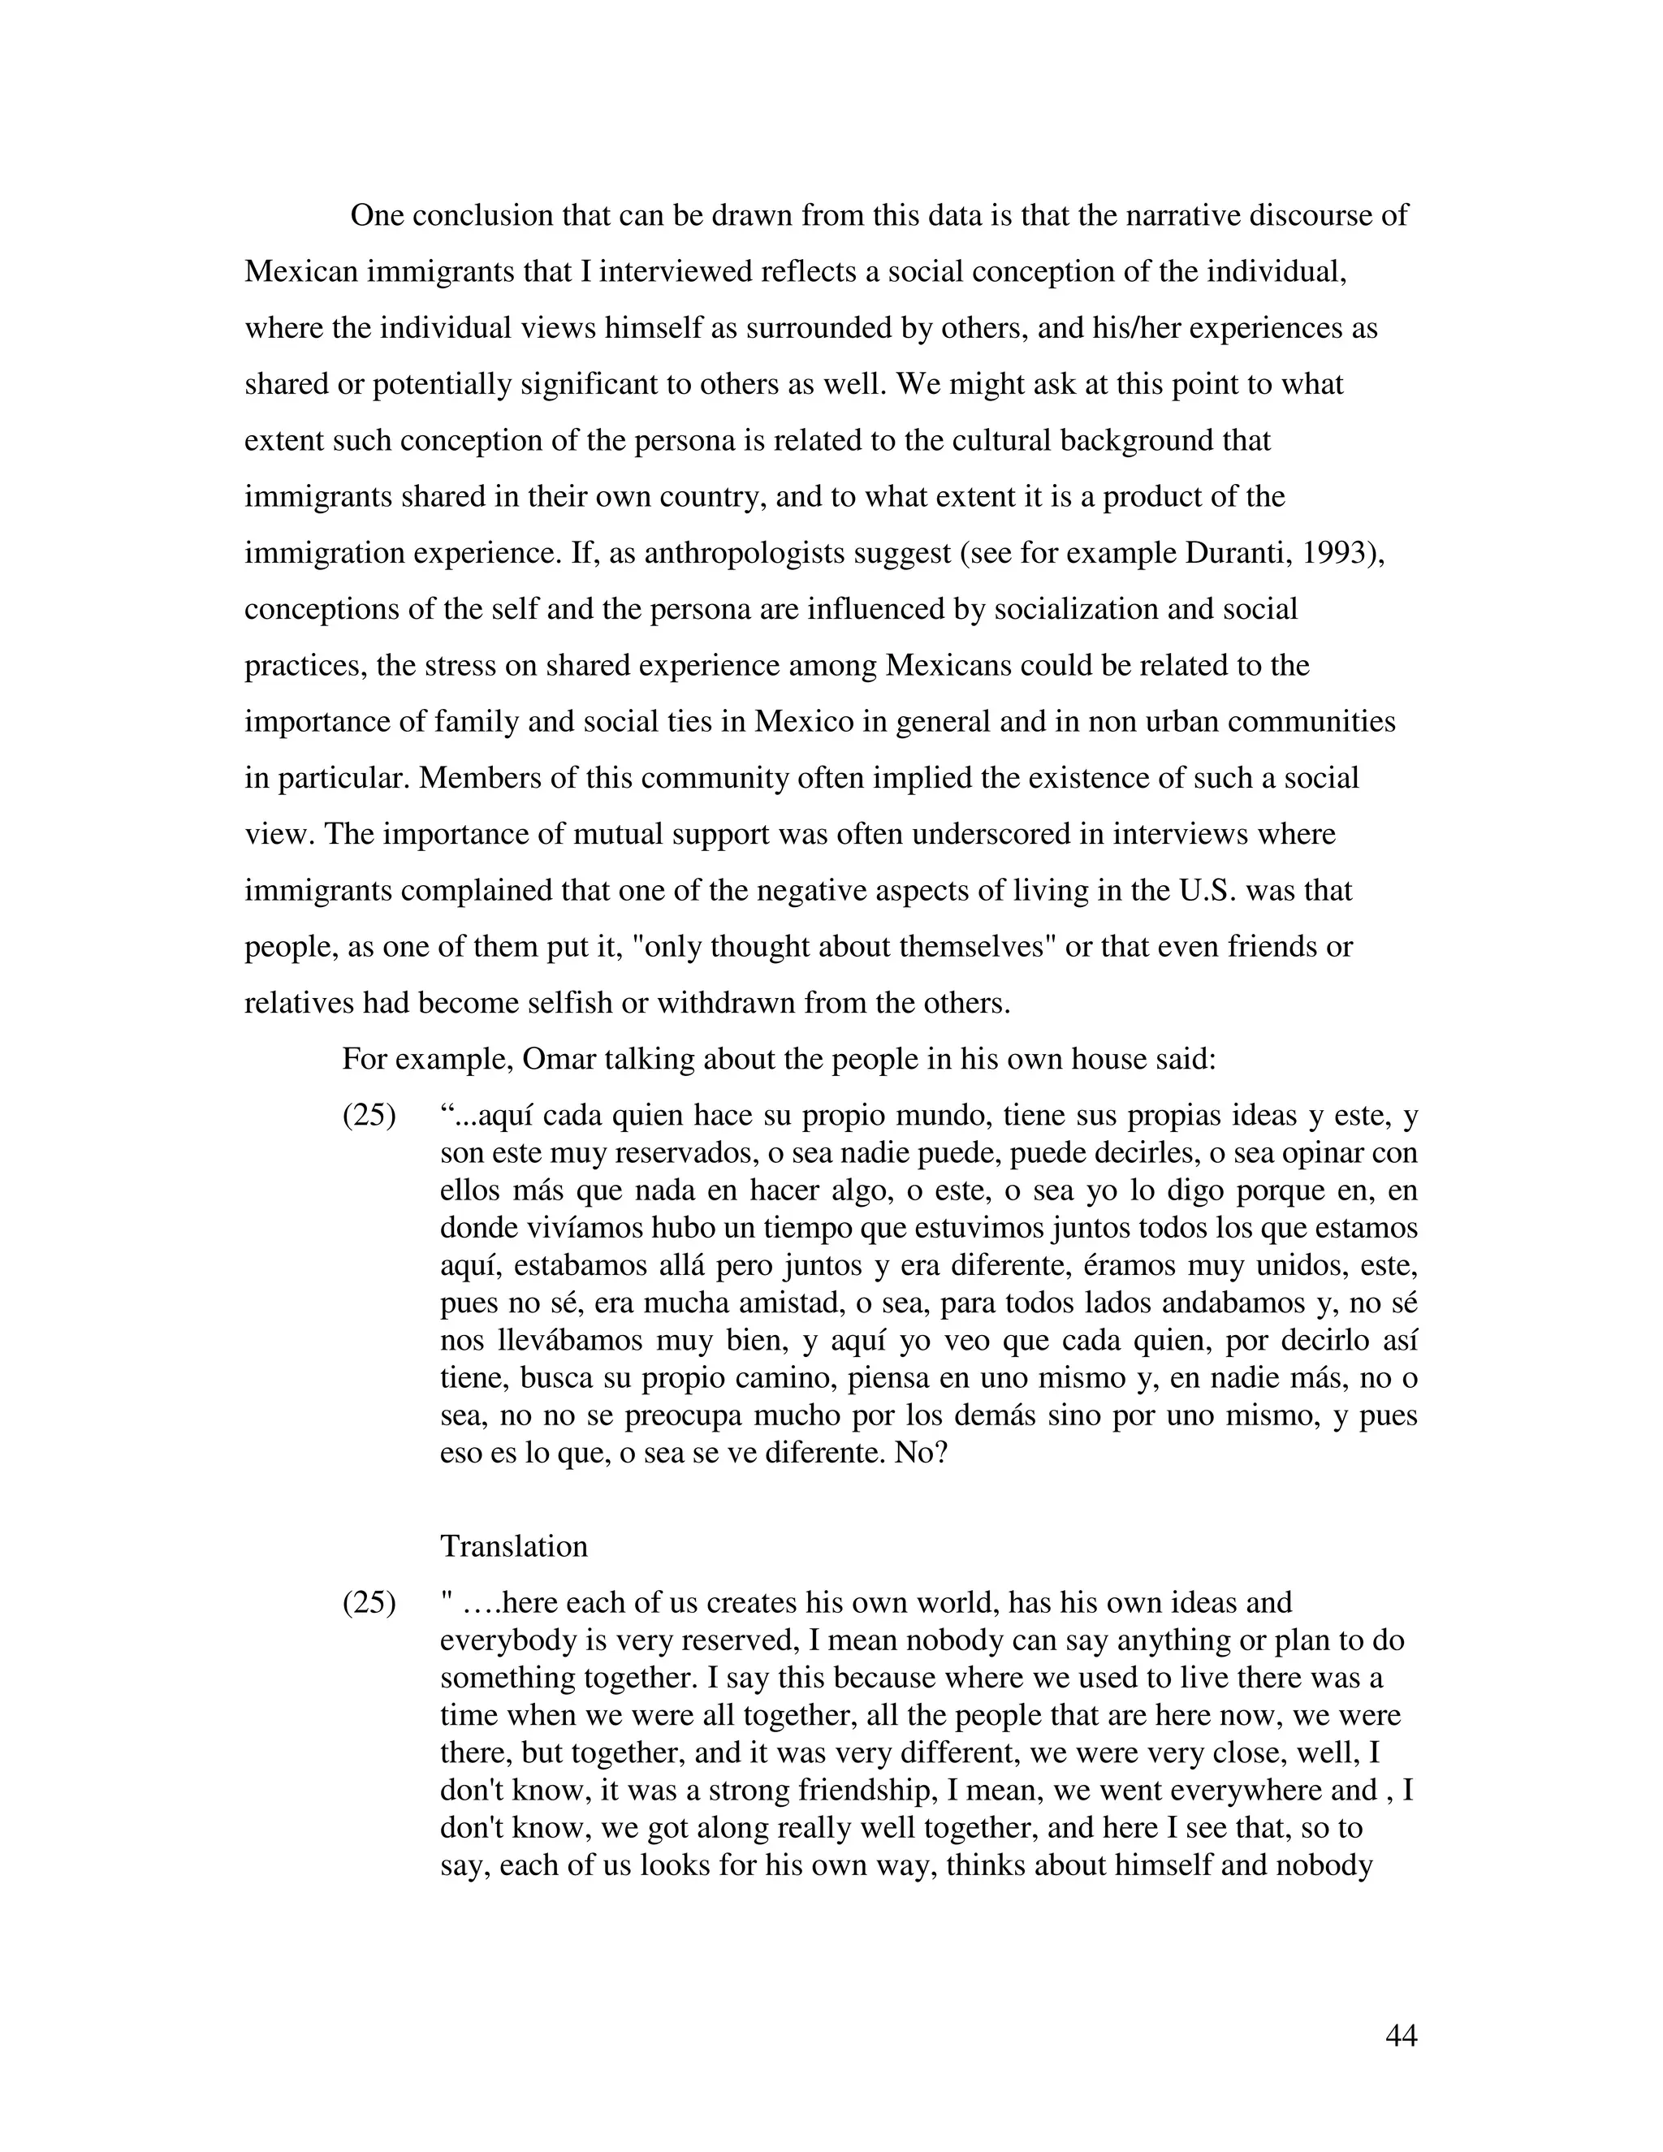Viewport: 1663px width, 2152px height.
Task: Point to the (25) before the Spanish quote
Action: point(369,1116)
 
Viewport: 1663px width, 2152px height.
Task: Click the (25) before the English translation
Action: point(369,1602)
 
